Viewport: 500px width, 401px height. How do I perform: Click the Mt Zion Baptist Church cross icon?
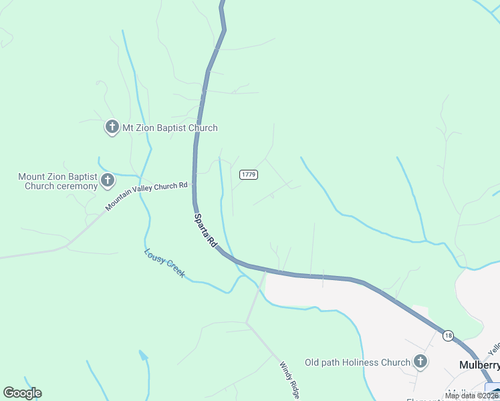(x=112, y=127)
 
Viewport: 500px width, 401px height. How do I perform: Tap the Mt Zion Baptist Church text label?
(x=170, y=128)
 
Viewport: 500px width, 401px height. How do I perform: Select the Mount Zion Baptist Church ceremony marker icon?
(x=107, y=180)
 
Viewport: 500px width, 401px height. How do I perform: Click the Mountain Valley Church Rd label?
(x=146, y=197)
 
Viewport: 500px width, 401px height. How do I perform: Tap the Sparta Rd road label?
(x=206, y=231)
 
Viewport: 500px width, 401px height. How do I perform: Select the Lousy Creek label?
(x=164, y=263)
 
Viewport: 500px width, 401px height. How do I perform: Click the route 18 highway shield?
(x=447, y=334)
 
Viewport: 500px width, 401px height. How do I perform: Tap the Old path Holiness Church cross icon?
(x=420, y=362)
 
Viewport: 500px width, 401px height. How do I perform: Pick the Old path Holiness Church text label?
(x=357, y=363)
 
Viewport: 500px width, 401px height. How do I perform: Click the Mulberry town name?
(x=479, y=365)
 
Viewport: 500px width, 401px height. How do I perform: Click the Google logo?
(x=22, y=393)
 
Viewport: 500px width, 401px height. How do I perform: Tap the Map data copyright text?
(x=472, y=396)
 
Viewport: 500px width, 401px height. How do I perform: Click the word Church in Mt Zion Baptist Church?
(x=202, y=128)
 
